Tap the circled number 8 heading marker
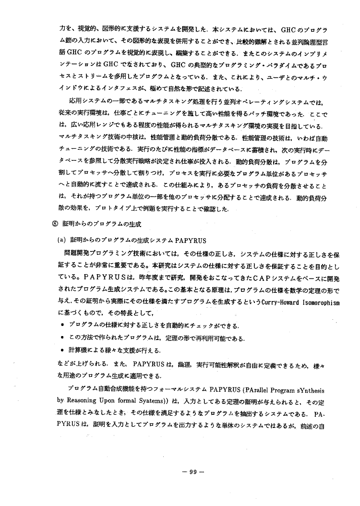(x=55, y=224)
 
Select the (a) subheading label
(x=62, y=239)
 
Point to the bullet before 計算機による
(x=64, y=350)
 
